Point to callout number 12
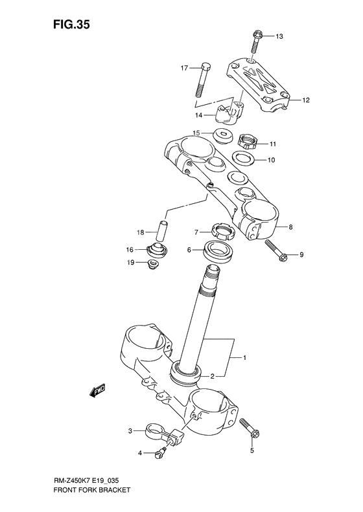(306, 100)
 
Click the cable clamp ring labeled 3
(156, 429)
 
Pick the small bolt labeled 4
(159, 454)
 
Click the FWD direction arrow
(99, 389)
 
